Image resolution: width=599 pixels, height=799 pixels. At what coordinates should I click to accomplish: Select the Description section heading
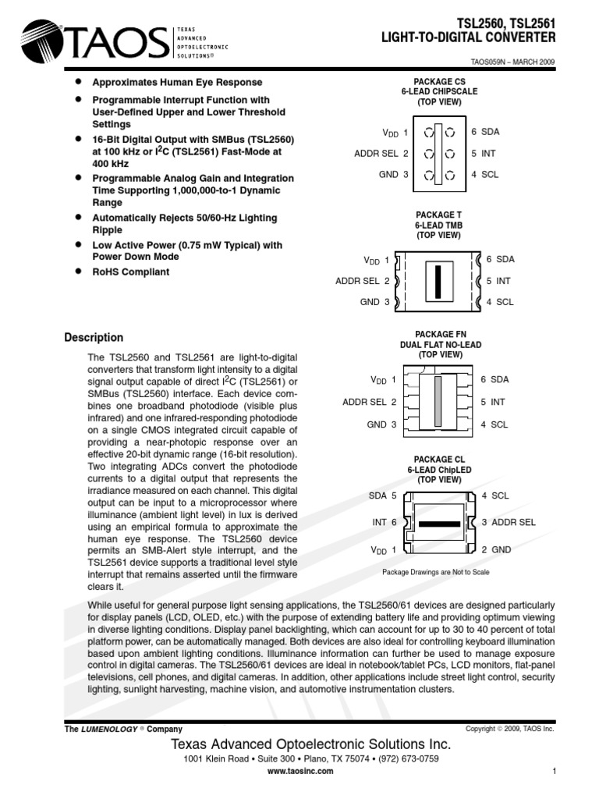click(94, 338)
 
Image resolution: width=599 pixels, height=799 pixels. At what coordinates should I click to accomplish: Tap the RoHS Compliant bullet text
click(130, 272)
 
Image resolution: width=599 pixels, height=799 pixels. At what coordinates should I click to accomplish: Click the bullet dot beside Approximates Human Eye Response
click(77, 82)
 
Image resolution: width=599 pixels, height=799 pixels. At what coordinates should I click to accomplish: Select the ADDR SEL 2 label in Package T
click(363, 280)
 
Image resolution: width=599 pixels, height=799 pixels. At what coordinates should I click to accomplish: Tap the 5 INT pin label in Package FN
click(494, 402)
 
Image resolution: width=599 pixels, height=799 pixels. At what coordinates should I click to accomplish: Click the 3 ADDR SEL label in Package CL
click(509, 522)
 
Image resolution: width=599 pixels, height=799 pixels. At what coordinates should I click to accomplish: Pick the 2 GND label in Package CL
click(496, 549)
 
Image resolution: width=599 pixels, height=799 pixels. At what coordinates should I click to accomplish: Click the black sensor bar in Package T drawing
click(438, 279)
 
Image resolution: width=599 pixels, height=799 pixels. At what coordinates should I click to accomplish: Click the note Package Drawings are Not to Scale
click(437, 572)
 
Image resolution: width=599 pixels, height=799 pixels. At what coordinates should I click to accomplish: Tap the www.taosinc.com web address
click(300, 770)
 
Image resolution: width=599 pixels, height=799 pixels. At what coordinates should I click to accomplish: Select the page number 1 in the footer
click(553, 772)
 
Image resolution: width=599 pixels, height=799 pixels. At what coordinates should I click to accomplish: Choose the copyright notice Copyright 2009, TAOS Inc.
click(509, 728)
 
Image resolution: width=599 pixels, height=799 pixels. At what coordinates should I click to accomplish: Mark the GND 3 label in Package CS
click(393, 174)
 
